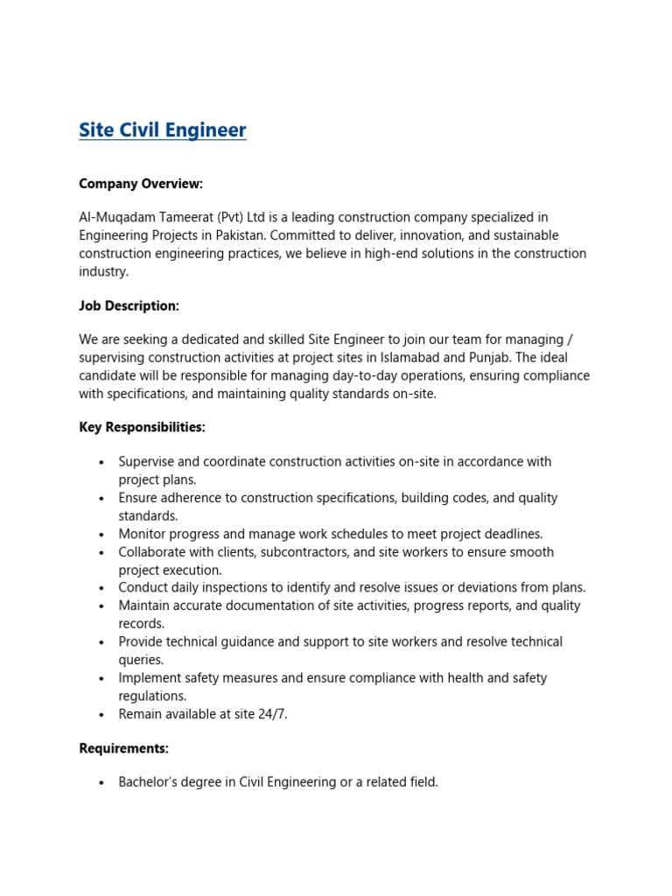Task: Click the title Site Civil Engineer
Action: point(163,130)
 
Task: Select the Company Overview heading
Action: point(141,184)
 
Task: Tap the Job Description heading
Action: point(129,305)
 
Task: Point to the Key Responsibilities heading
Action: point(142,427)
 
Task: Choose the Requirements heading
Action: point(123,748)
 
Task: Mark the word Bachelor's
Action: point(149,782)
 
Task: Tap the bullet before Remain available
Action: point(102,715)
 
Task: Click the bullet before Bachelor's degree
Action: point(102,783)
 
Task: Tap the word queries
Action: point(141,660)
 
